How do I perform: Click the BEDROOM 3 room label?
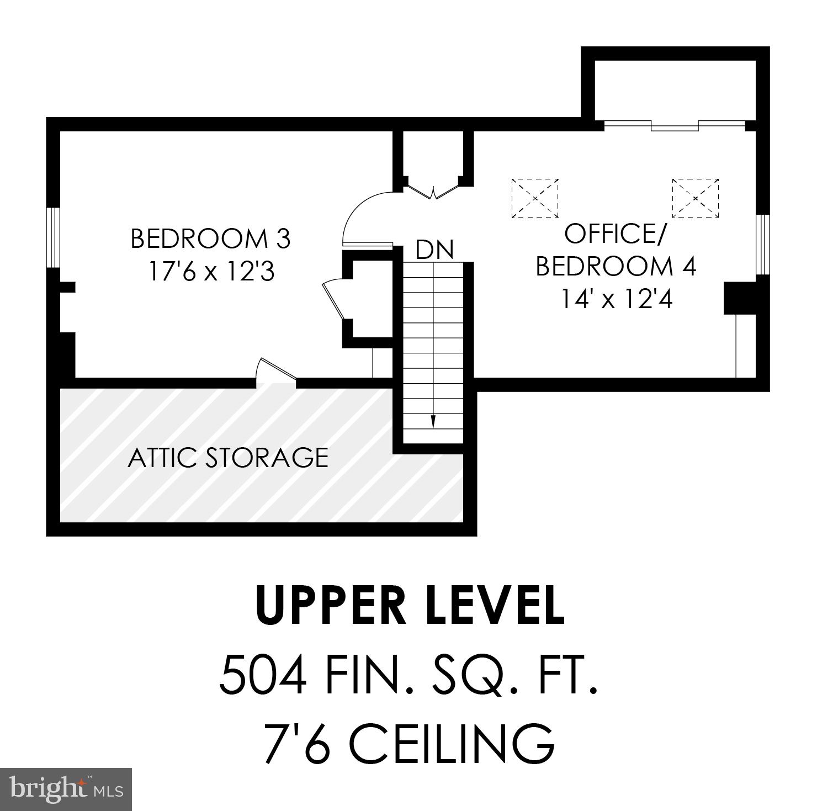(x=210, y=239)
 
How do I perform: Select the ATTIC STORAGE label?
(x=228, y=458)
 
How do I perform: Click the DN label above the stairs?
(x=434, y=250)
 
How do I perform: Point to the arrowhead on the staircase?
(x=433, y=421)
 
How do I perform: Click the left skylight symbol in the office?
(x=534, y=198)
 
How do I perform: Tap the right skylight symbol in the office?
(x=695, y=198)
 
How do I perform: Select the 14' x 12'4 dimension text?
(x=617, y=300)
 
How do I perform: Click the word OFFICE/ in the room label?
(x=616, y=234)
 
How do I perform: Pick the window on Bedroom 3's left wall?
(x=52, y=237)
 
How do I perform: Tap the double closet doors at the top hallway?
(x=433, y=190)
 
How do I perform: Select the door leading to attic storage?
(x=274, y=370)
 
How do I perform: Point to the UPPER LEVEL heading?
(x=410, y=606)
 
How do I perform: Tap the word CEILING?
(x=452, y=744)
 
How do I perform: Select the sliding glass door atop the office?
(x=675, y=125)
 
